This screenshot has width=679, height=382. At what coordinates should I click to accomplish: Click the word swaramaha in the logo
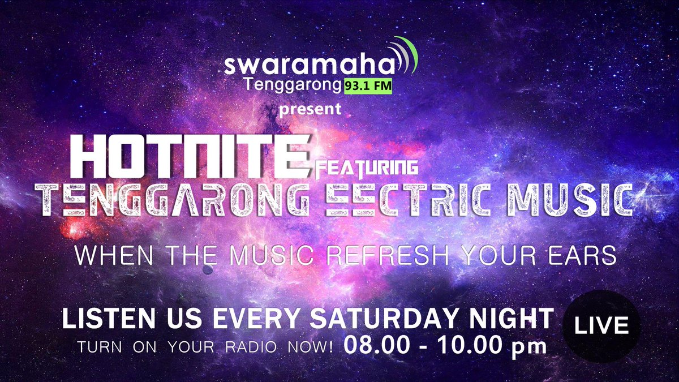point(308,66)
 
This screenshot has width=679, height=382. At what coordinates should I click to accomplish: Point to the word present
point(311,109)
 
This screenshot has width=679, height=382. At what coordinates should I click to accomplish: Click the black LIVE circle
point(601,326)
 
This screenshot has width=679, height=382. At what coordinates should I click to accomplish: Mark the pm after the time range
point(529,347)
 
